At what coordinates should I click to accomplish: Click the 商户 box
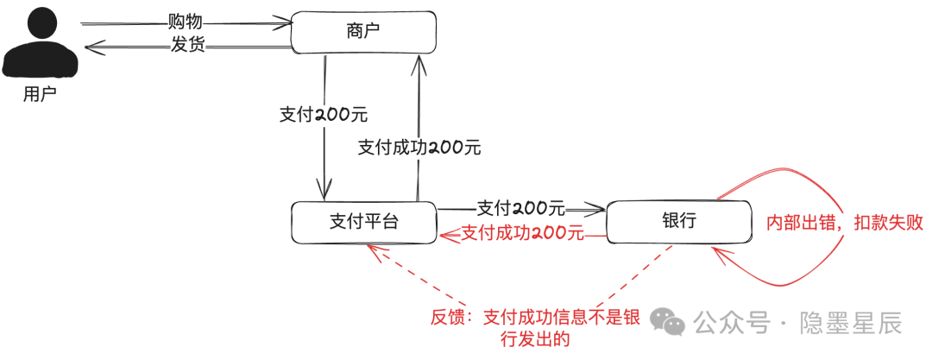click(x=364, y=33)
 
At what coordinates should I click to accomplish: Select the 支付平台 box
click(x=364, y=222)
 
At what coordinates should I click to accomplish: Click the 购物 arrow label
click(x=186, y=22)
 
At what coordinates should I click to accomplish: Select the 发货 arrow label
click(x=188, y=45)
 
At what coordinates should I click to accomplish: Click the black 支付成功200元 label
click(x=419, y=147)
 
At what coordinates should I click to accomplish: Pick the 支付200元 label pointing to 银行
click(x=520, y=208)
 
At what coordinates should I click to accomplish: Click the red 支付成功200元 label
click(x=522, y=232)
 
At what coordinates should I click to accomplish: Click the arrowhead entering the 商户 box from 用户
click(x=287, y=24)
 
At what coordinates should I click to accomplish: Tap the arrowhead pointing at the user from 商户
click(x=93, y=47)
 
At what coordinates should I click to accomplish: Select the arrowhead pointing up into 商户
click(x=419, y=63)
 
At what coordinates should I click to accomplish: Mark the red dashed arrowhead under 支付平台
click(x=375, y=252)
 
